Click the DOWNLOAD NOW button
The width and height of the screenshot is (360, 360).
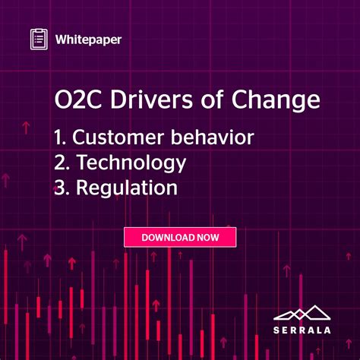coord(180,237)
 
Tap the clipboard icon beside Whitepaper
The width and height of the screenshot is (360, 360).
coord(39,39)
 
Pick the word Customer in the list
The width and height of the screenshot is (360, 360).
coord(115,139)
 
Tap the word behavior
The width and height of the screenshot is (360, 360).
coord(214,139)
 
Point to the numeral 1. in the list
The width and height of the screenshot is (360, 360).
coord(60,139)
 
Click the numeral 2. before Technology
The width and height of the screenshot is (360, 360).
coord(62,163)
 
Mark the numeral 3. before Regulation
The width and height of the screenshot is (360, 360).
coord(62,188)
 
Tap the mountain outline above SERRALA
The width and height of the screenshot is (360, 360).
coord(302,312)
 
